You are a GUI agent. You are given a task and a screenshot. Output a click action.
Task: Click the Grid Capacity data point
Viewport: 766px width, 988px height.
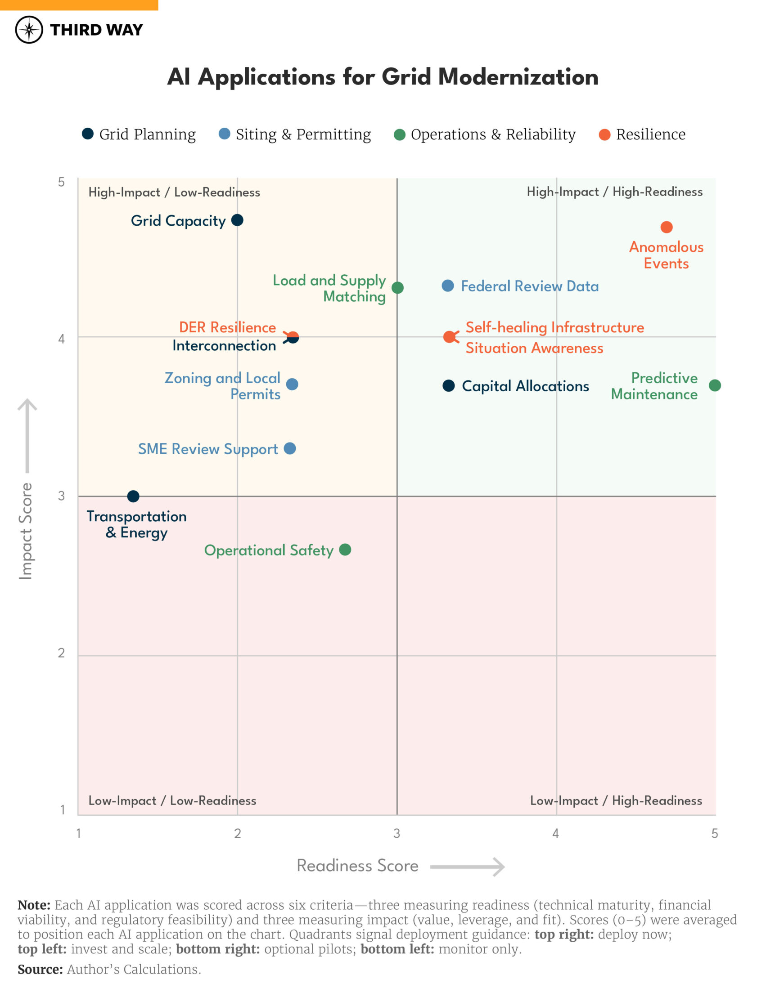237,220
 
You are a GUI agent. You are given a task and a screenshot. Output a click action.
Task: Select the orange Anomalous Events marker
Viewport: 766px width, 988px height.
667,227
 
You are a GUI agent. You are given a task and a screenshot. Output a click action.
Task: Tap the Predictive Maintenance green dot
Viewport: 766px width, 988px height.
715,385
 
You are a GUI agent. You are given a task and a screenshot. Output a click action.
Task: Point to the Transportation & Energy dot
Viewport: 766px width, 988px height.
133,496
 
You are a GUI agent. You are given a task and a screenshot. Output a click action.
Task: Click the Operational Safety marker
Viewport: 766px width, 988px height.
345,550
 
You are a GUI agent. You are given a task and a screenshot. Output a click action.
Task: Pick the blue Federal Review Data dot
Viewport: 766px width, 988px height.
448,286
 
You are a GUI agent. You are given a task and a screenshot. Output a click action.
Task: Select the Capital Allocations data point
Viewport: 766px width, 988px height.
449,386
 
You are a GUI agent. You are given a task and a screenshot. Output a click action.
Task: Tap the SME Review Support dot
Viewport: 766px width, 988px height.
290,449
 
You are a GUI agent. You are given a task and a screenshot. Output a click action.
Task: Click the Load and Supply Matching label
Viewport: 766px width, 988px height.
329,288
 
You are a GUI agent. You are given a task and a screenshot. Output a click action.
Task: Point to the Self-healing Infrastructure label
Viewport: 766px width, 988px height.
554,327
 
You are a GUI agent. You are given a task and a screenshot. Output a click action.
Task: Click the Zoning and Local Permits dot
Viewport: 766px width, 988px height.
292,384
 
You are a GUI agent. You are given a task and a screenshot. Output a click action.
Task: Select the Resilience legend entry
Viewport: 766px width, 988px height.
642,134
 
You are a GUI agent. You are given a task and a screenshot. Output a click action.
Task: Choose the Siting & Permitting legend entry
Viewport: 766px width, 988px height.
295,134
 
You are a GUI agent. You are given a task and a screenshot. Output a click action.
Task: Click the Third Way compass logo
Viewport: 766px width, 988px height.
29,30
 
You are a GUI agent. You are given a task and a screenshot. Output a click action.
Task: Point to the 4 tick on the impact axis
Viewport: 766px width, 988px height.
62,339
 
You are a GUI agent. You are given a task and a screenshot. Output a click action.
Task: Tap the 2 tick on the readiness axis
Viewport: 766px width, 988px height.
237,834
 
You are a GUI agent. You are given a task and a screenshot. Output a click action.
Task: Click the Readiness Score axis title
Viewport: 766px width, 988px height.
357,866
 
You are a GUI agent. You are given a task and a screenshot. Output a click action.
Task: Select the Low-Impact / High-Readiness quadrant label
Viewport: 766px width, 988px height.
616,801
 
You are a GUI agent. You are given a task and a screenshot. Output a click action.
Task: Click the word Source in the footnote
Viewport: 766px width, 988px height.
40,970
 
